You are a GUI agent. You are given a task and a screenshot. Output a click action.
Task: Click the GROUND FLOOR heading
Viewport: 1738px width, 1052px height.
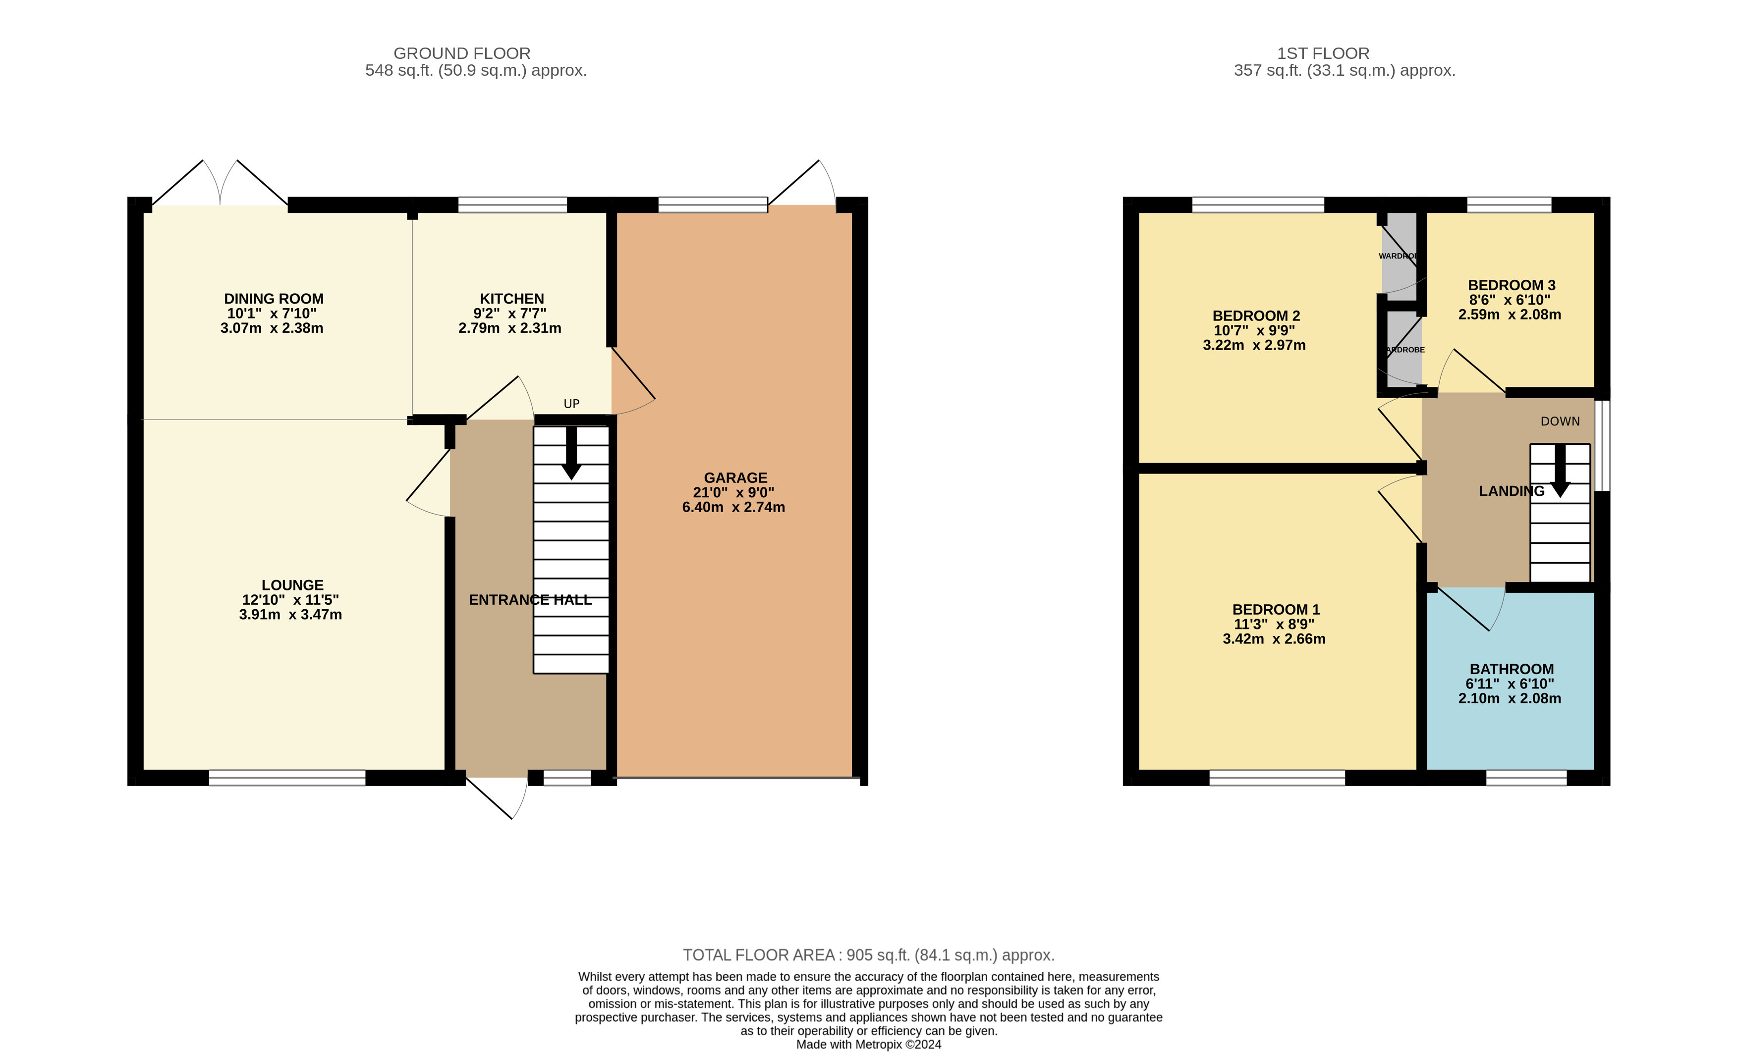click(461, 53)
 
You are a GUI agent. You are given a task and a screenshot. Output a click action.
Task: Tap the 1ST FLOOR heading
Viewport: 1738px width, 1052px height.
click(1323, 53)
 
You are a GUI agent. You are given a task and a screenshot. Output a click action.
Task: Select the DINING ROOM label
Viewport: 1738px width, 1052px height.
click(274, 299)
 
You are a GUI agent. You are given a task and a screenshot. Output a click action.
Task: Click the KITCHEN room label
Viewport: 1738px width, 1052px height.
click(511, 299)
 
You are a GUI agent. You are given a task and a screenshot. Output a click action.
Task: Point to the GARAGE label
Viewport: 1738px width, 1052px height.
click(735, 478)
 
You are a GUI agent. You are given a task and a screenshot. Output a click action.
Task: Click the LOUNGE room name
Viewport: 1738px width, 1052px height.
click(292, 585)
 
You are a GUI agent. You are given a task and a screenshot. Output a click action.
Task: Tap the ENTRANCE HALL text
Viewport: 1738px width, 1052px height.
click(530, 600)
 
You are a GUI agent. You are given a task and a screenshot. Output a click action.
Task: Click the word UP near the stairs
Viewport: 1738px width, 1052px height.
click(571, 404)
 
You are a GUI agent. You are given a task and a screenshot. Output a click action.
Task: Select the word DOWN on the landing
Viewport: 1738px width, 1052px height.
click(1560, 421)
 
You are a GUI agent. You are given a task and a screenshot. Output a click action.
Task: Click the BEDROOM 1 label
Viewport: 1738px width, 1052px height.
click(1275, 610)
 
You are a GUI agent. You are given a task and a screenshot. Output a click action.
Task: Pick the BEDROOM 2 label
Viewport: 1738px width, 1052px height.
click(1255, 316)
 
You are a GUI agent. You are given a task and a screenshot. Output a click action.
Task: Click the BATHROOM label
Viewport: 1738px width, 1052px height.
click(1511, 669)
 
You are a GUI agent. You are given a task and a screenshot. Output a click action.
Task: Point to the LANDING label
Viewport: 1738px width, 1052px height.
click(1511, 491)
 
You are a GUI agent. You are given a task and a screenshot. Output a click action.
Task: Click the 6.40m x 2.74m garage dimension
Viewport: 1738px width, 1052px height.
click(733, 508)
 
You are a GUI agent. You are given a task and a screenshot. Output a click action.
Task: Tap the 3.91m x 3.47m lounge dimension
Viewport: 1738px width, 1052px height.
click(290, 615)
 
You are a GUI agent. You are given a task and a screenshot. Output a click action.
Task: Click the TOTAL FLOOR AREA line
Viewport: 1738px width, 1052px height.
click(868, 955)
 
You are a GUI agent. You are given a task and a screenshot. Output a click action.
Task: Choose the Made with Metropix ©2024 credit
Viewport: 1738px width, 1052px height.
click(868, 1044)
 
